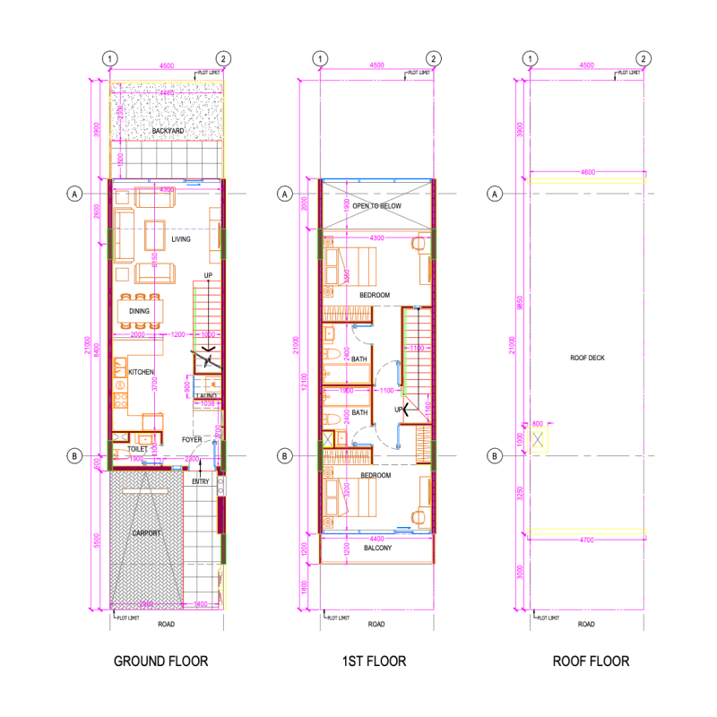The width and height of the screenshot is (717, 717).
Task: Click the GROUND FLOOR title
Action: coord(160,661)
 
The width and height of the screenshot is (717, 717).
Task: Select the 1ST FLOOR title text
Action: coord(374,661)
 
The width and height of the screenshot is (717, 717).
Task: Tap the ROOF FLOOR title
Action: coord(590,661)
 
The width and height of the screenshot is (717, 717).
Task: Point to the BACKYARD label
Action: coord(168,132)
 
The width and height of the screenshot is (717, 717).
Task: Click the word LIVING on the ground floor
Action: coord(182,239)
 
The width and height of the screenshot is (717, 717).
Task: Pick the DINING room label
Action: coord(139,312)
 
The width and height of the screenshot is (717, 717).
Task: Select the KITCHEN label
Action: coord(142,372)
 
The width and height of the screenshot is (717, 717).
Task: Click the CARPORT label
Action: coord(146,533)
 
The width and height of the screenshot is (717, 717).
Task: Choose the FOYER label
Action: coord(192,440)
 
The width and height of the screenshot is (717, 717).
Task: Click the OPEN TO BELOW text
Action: coord(377,206)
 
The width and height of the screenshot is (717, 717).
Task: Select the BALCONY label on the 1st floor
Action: coord(377,548)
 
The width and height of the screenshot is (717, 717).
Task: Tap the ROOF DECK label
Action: coord(588,358)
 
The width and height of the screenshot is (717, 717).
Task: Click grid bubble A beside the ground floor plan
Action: coord(74,193)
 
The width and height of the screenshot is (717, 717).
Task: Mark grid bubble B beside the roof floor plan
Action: coord(494,456)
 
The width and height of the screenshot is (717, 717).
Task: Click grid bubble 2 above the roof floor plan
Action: coord(644,59)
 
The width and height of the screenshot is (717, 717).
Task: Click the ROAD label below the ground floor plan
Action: coord(166,624)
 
